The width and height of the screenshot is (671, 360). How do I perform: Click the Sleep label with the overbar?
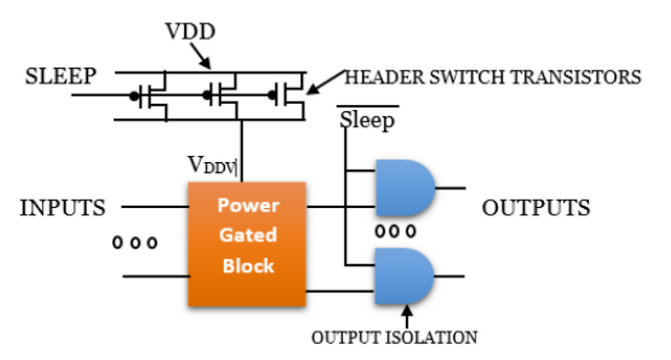(367, 121)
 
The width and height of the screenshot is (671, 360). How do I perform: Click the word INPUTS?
(63, 207)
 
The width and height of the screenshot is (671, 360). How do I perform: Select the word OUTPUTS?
(536, 207)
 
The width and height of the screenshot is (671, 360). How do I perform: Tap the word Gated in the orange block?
(249, 236)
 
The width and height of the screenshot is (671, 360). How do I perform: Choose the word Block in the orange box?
(249, 266)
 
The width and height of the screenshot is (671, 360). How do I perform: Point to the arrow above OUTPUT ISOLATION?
(408, 317)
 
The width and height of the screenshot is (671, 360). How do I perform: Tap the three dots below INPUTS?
(135, 243)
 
